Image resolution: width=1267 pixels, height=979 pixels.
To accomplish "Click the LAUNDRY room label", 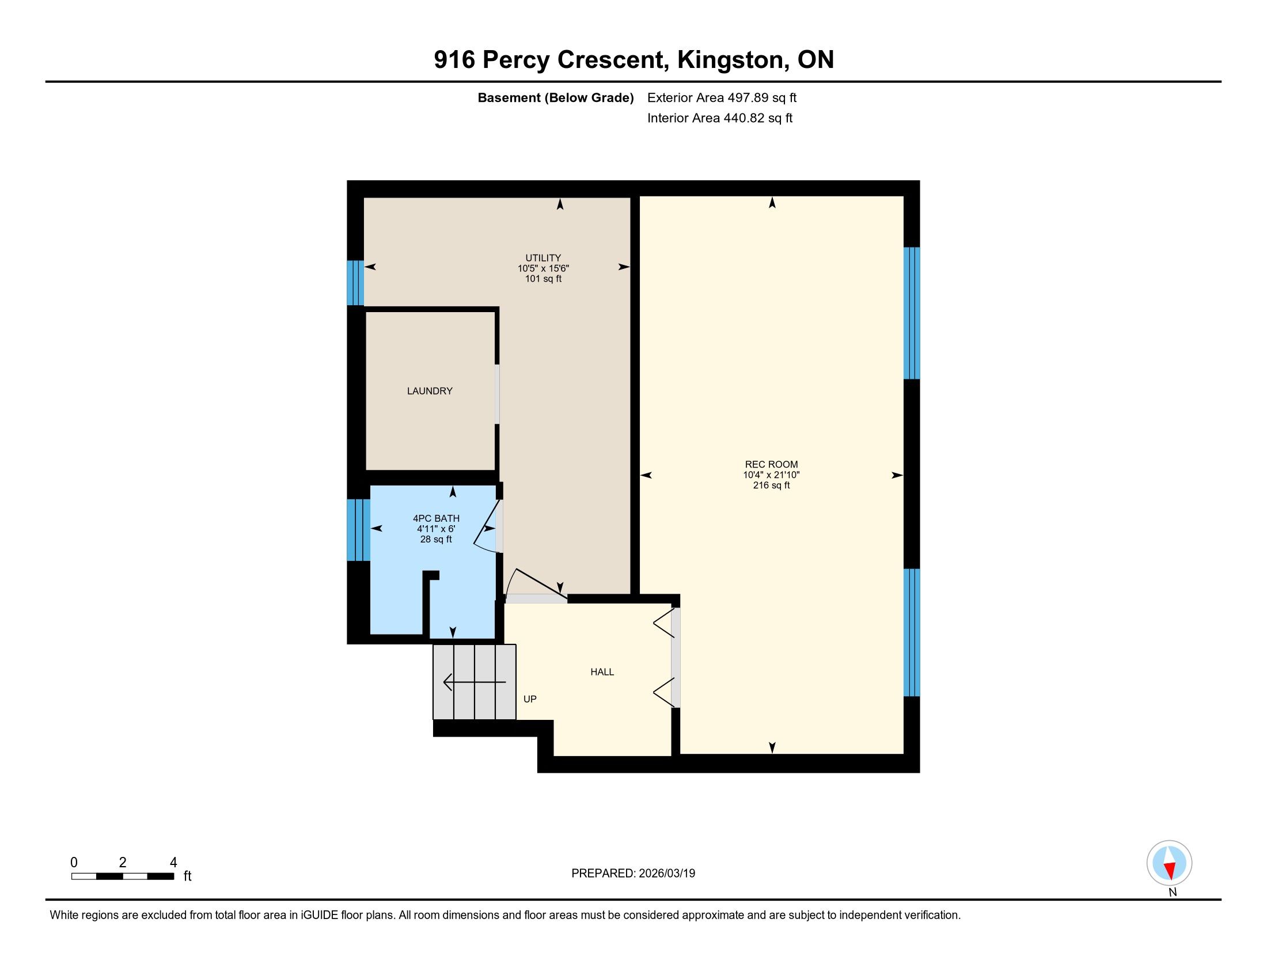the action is [429, 391].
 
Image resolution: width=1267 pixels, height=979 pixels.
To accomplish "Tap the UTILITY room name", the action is [543, 258].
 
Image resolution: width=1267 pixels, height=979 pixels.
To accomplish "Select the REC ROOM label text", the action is [771, 465].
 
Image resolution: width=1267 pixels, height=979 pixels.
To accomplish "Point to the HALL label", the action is [602, 671].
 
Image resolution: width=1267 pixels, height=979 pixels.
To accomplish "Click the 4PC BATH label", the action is [437, 518].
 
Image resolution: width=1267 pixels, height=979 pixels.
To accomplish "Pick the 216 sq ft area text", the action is [771, 485].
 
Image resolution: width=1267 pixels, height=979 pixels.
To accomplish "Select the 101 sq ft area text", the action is [543, 279].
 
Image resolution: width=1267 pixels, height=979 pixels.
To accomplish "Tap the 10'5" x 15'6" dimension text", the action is [543, 268].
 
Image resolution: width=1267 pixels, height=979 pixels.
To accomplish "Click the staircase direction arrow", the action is [475, 681].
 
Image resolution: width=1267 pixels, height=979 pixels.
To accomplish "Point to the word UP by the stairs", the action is [530, 699].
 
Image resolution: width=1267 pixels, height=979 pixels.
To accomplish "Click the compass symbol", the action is [1169, 863].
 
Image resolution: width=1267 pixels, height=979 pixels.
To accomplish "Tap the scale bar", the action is [123, 876].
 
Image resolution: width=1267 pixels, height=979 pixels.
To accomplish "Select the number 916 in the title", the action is [454, 60].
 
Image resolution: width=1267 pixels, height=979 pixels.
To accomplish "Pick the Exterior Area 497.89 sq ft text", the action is [722, 98].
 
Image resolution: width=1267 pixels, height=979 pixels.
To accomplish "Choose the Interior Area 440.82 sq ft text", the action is [719, 118].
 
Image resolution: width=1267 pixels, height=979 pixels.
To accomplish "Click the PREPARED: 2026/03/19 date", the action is [633, 874].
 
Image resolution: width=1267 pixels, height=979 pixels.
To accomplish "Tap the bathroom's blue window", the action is [359, 530].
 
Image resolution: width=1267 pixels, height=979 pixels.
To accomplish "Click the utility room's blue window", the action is [355, 283].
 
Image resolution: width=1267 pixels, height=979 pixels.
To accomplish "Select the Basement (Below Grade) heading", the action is [555, 98].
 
